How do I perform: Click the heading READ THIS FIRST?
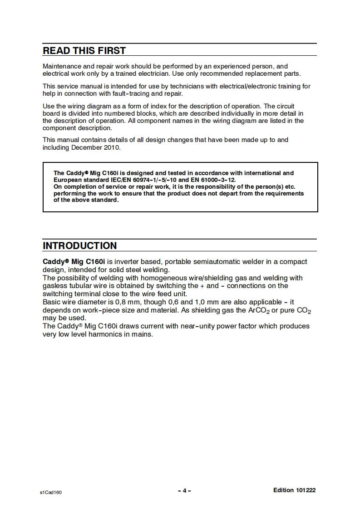click(x=84, y=50)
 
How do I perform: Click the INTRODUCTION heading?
click(x=79, y=245)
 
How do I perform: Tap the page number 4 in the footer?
click(x=184, y=490)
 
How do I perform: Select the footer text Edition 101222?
click(x=294, y=490)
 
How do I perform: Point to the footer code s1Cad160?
click(x=50, y=492)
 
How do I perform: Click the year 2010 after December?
click(x=112, y=147)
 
